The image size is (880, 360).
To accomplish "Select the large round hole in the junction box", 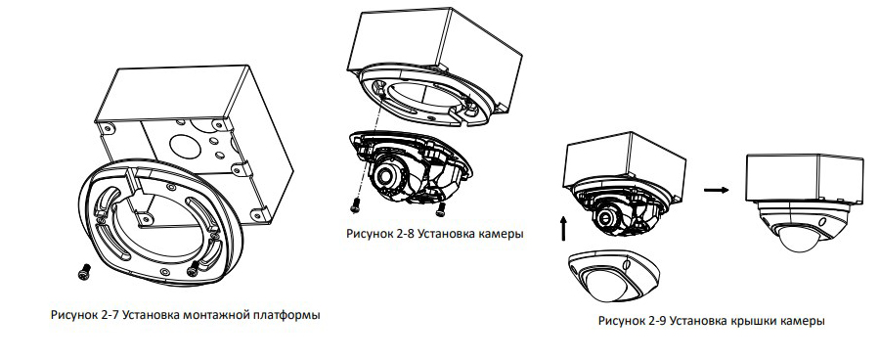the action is [184, 145].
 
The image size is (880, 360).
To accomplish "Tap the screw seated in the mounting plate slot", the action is [193, 268].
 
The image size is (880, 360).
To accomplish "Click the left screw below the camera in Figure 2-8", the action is [355, 206].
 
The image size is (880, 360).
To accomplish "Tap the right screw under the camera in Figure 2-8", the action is [441, 209].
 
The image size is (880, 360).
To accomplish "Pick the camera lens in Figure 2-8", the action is [385, 176].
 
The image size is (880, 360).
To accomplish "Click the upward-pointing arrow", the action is [563, 229].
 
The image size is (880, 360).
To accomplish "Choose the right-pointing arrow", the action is [716, 190].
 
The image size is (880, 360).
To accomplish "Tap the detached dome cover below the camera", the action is [613, 277].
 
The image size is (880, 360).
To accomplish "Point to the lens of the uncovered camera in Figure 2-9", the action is [606, 217].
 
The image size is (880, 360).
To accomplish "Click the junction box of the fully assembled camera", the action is [805, 177].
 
